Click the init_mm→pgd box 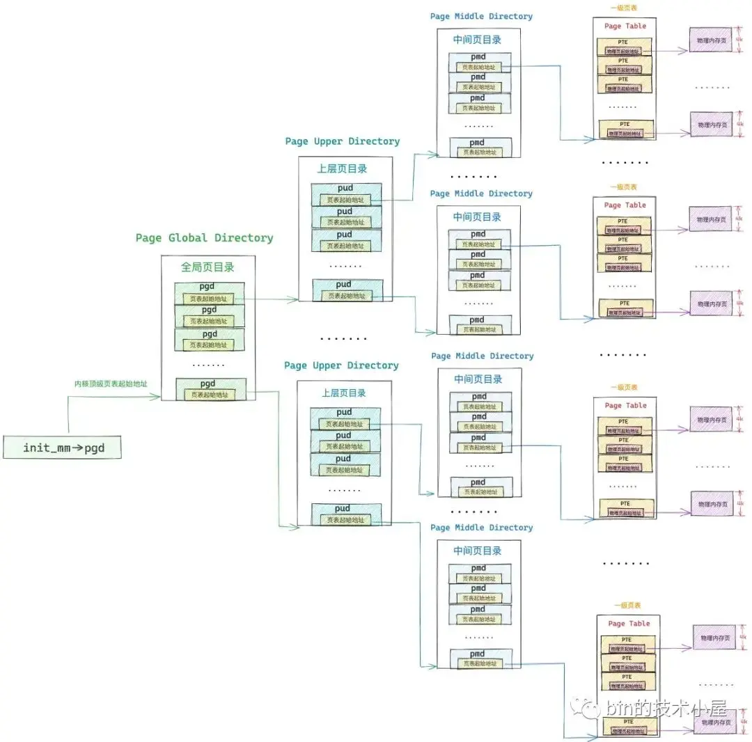[x=63, y=448]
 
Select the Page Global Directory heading [x=204, y=238]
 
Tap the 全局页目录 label [x=207, y=267]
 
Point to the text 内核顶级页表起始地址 [x=111, y=384]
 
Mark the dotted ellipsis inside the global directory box [x=208, y=364]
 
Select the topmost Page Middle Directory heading [x=481, y=17]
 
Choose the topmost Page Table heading [x=625, y=26]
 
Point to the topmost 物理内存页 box [x=711, y=41]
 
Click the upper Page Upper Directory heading [x=343, y=141]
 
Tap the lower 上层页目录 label [x=344, y=393]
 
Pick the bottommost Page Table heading [x=629, y=624]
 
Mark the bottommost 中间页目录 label [x=477, y=551]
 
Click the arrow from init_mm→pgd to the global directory [x=111, y=397]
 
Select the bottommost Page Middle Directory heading [x=481, y=528]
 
